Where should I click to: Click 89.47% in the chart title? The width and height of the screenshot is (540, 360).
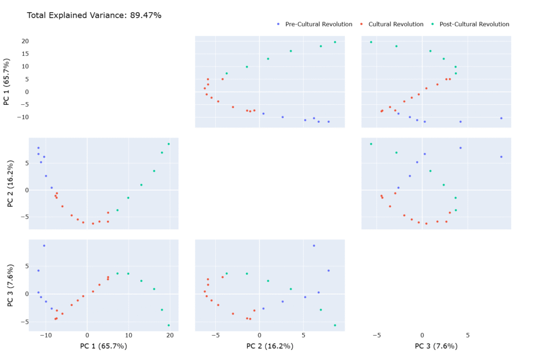[144, 15]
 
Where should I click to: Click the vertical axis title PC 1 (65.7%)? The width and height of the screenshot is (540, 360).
[7, 81]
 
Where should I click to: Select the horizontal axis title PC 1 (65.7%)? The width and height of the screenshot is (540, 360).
[103, 346]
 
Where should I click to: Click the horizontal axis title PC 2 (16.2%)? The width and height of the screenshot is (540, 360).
[269, 346]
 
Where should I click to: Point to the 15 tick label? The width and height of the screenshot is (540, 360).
[24, 54]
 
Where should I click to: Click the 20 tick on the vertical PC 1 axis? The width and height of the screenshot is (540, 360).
[24, 41]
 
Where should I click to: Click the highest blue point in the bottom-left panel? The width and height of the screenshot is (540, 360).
[44, 246]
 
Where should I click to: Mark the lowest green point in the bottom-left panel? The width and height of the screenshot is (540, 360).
[169, 325]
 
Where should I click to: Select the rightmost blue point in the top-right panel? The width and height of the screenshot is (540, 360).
[501, 118]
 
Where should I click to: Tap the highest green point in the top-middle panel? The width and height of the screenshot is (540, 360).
[335, 42]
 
